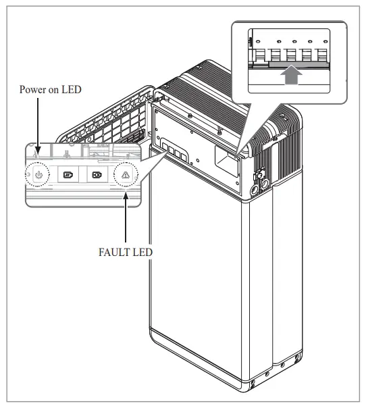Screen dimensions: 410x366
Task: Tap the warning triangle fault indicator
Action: point(126,174)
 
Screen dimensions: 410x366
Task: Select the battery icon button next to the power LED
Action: point(68,174)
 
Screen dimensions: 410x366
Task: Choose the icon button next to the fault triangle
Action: point(97,174)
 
